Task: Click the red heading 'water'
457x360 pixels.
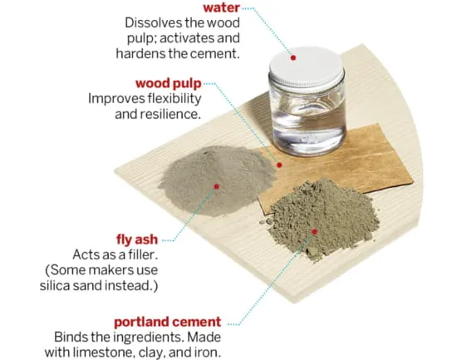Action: [x=221, y=7]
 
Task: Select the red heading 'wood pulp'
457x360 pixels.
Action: [x=169, y=84]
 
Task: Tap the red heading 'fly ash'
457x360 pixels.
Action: [x=137, y=239]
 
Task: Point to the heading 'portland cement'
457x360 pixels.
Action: [x=168, y=322]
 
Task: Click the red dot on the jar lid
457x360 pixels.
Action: [x=293, y=57]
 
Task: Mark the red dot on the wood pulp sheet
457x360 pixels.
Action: [x=279, y=165]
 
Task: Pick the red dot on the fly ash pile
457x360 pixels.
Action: [x=216, y=186]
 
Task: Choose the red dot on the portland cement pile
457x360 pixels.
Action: [x=314, y=232]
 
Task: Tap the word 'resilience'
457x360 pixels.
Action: [x=170, y=114]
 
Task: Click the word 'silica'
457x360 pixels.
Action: [x=55, y=285]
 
